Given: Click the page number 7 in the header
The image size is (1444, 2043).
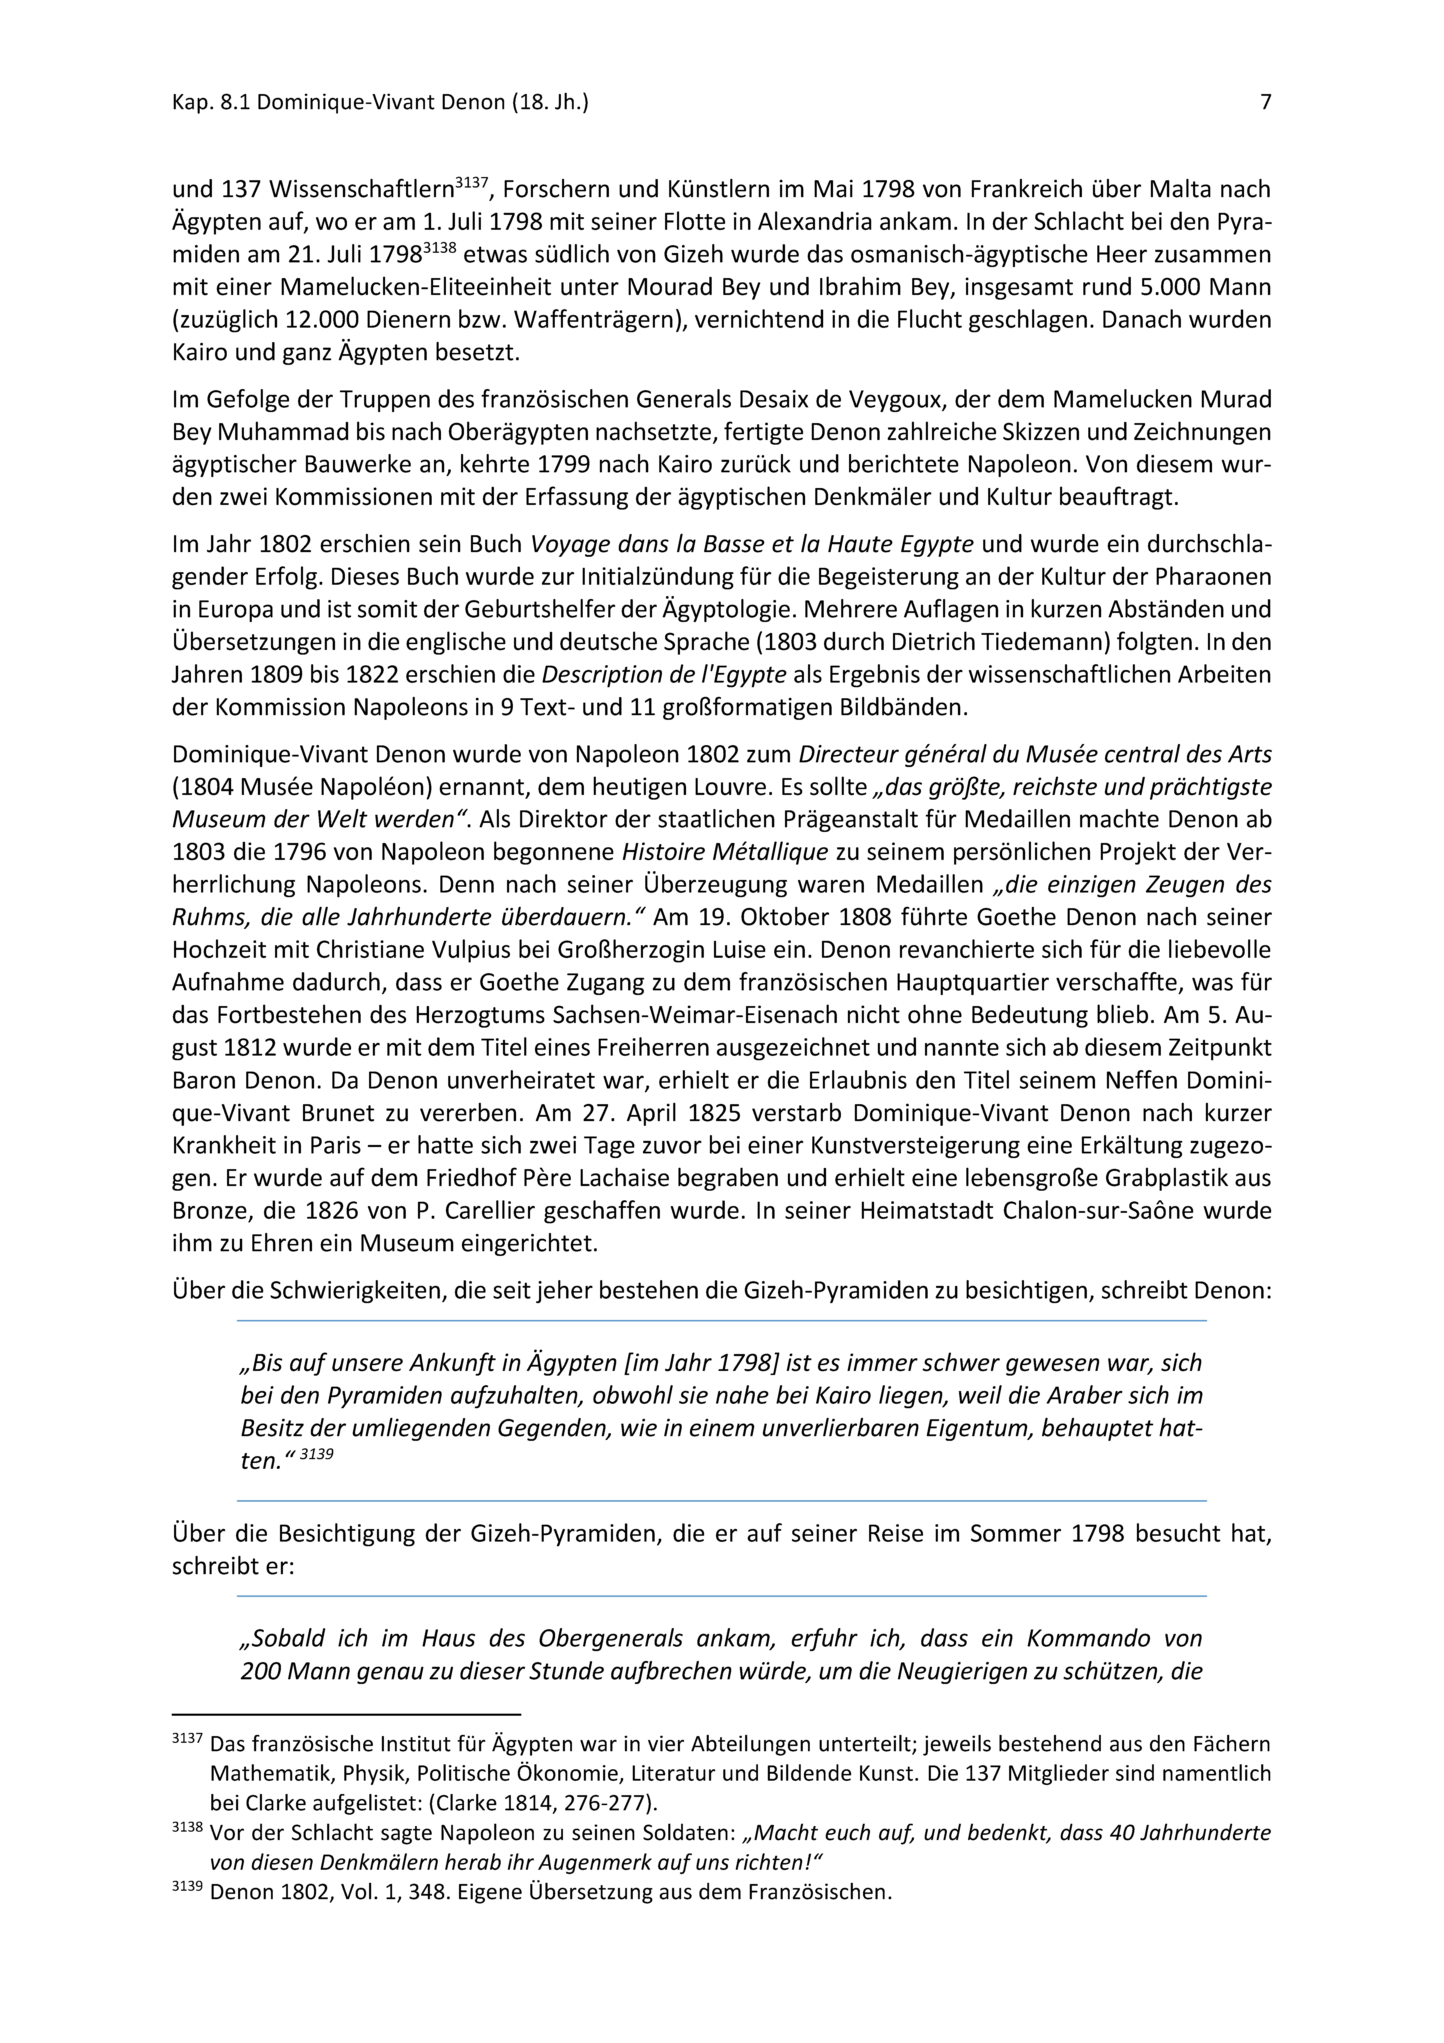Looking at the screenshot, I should [1265, 102].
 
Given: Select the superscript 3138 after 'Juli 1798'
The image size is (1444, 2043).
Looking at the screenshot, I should [439, 247].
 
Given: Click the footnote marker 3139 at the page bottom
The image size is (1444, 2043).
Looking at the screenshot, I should [187, 1886].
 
